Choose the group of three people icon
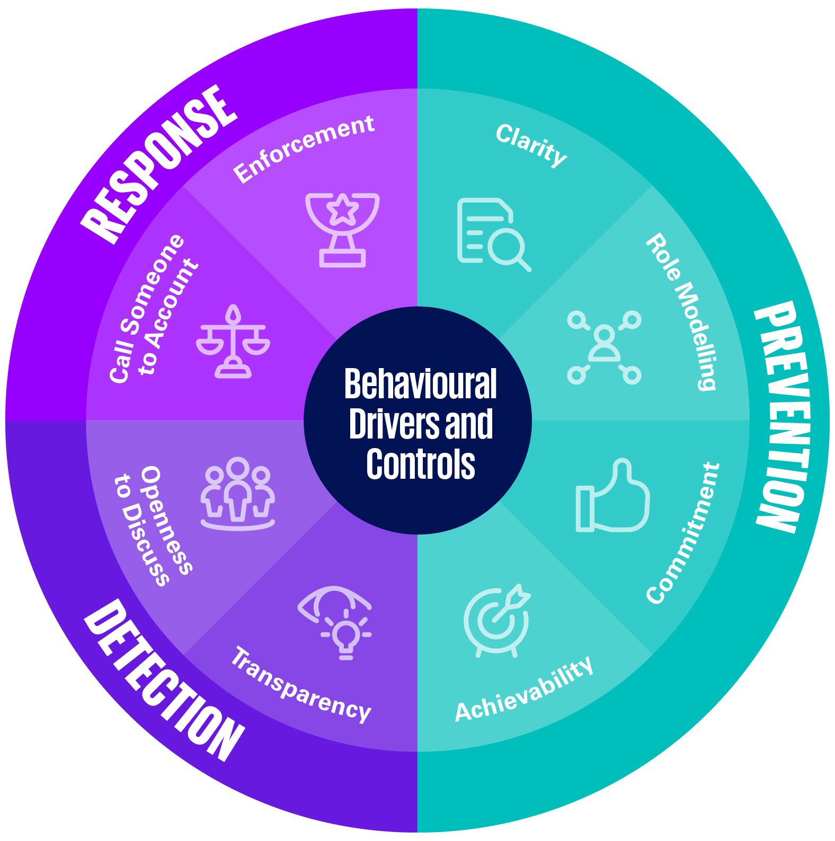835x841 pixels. [x=237, y=493]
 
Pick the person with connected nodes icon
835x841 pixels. [x=604, y=347]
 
